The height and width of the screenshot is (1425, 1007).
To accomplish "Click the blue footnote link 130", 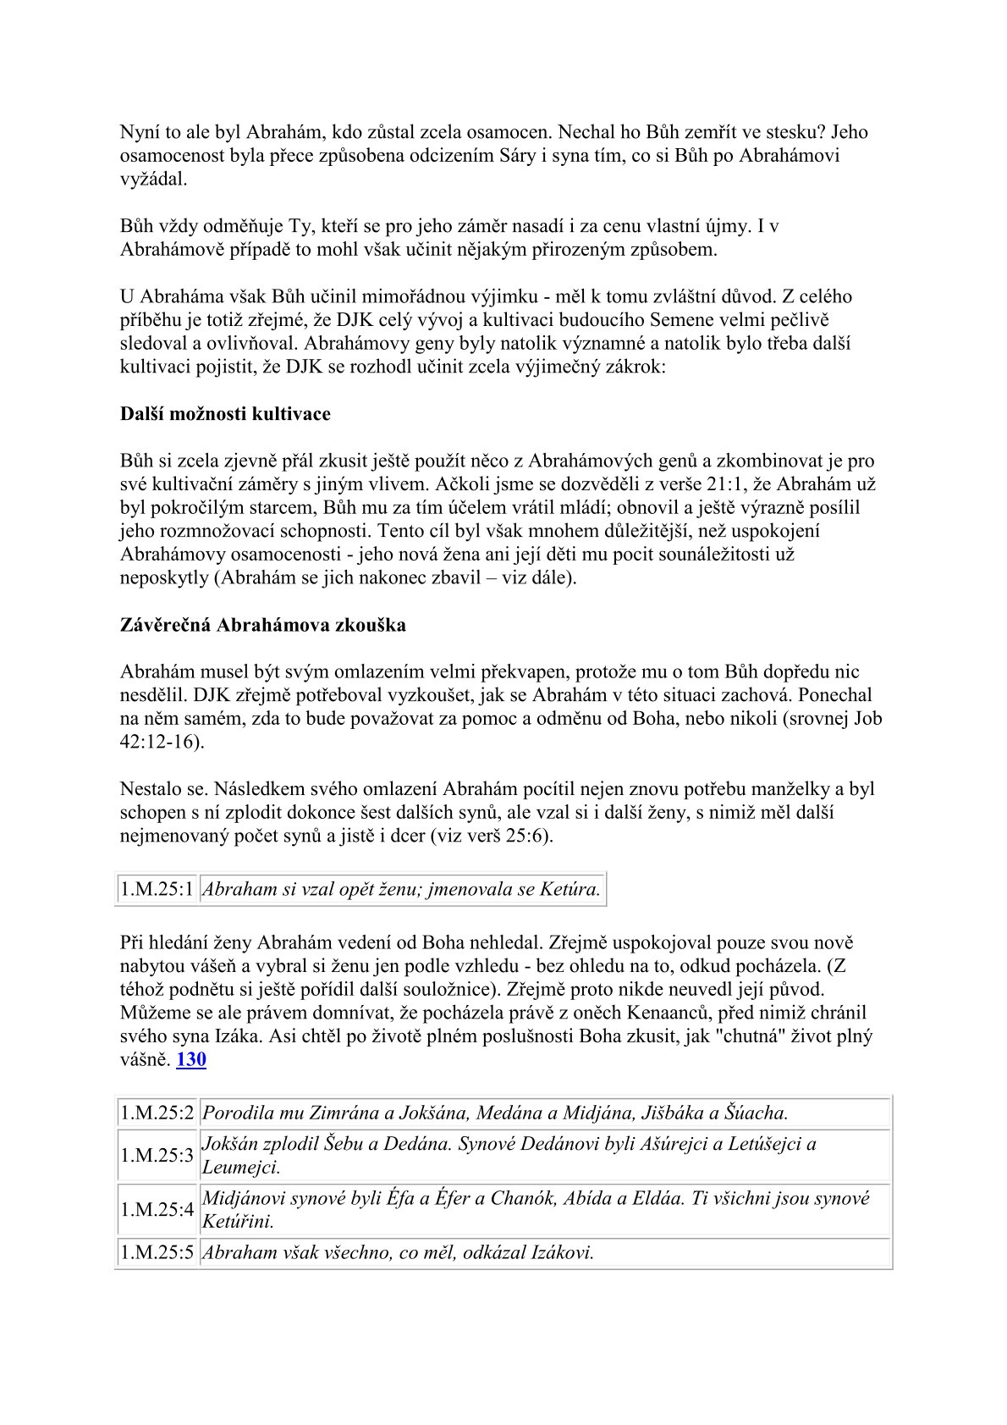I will (191, 1059).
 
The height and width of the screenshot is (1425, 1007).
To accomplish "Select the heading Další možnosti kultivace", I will (225, 414).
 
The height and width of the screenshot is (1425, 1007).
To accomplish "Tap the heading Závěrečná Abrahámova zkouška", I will (262, 625).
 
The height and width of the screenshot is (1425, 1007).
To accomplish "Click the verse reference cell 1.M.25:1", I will (157, 889).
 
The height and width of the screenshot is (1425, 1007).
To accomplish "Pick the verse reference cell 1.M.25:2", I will (157, 1113).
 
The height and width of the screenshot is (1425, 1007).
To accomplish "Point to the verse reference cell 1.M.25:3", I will (157, 1156).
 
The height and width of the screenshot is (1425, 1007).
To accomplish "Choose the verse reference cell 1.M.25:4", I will (157, 1210).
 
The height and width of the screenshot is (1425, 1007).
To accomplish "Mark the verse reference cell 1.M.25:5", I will (157, 1252).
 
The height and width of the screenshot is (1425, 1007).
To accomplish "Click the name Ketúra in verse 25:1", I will (572, 889).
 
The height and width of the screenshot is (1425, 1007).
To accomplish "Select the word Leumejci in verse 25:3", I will (240, 1168).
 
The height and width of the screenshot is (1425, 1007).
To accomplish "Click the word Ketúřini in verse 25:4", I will (238, 1222).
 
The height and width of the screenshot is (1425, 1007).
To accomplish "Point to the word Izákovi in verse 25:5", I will (562, 1252).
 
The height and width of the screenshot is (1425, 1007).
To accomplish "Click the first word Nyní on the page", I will (139, 132).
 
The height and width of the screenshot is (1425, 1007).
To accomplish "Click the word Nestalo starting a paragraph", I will (150, 789).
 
